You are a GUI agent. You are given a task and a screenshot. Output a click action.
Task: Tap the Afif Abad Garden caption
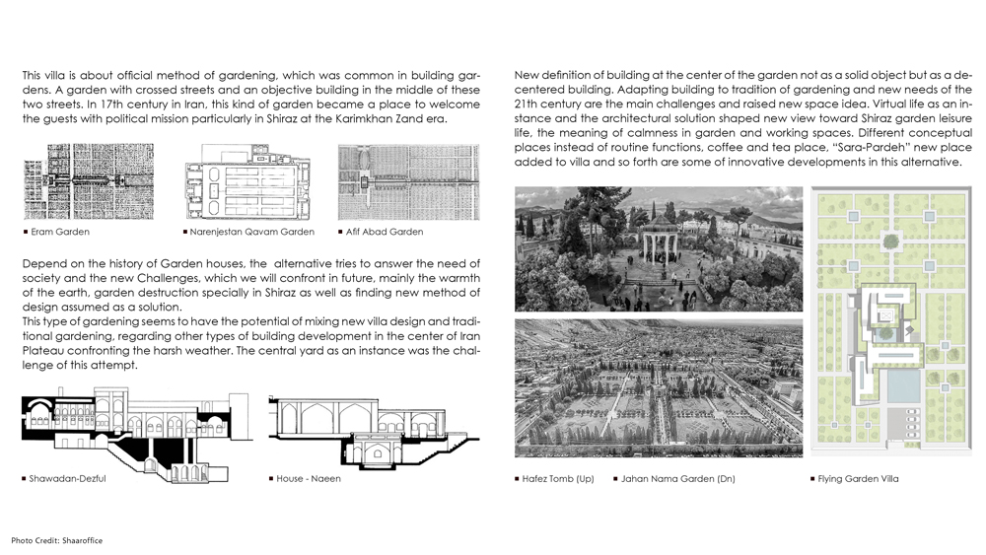click(385, 232)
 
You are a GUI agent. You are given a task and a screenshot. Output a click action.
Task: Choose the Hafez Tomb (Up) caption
click(559, 479)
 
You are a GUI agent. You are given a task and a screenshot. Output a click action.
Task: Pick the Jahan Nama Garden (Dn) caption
click(679, 479)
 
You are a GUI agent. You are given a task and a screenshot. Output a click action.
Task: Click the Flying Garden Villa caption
click(858, 479)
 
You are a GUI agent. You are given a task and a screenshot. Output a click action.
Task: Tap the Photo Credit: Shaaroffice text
click(57, 540)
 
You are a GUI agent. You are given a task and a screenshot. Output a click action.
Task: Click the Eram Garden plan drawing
click(89, 181)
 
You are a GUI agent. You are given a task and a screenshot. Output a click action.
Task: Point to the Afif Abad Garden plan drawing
click(408, 181)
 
